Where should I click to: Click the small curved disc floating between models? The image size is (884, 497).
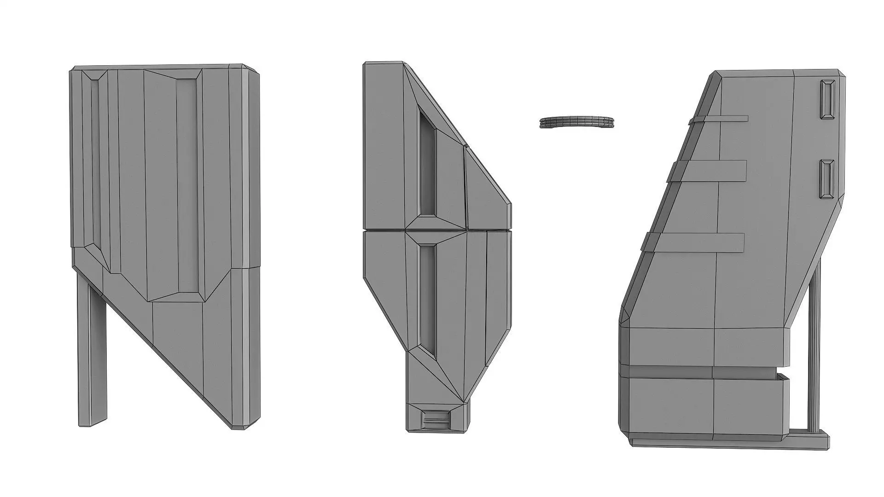tap(576, 122)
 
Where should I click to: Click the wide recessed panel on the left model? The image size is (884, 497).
tap(186, 184)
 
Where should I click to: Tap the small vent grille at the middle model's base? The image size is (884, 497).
tap(436, 419)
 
